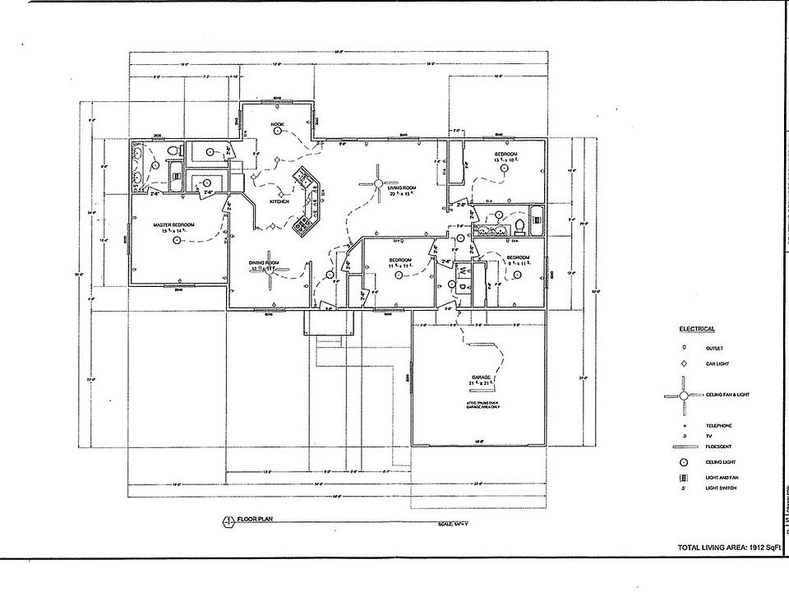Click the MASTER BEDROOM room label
click(173, 224)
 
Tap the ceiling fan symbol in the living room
click(379, 183)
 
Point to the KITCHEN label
click(279, 201)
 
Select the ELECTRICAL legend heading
click(696, 328)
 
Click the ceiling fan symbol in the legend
click(681, 395)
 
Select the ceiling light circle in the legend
click(681, 463)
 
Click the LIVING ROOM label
click(402, 188)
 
